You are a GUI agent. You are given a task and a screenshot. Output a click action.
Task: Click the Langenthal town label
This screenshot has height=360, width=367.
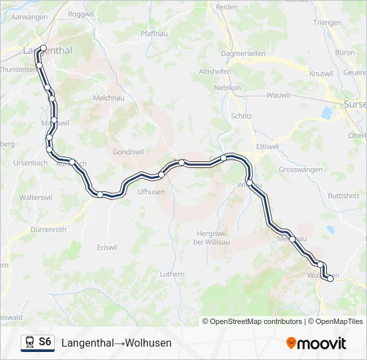(47, 50)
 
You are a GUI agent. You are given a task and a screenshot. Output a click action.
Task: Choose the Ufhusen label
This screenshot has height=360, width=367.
(151, 192)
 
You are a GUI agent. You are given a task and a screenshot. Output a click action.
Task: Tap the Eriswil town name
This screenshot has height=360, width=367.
(107, 247)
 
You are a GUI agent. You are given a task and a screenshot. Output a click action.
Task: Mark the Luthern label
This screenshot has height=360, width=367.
(172, 273)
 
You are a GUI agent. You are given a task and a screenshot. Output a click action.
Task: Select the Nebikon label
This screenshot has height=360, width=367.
(227, 87)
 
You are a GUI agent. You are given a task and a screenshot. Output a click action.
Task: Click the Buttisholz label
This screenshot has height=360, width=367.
(344, 196)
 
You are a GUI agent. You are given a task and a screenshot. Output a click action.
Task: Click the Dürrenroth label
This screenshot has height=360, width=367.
(48, 229)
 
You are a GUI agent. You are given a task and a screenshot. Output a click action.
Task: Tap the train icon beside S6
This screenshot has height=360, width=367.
(29, 343)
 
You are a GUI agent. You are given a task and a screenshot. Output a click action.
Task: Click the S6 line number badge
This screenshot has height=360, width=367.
(45, 342)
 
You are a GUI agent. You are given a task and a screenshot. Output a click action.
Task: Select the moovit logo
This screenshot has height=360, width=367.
(316, 343)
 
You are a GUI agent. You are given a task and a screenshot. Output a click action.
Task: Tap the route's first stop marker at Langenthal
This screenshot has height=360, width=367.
(43, 48)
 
